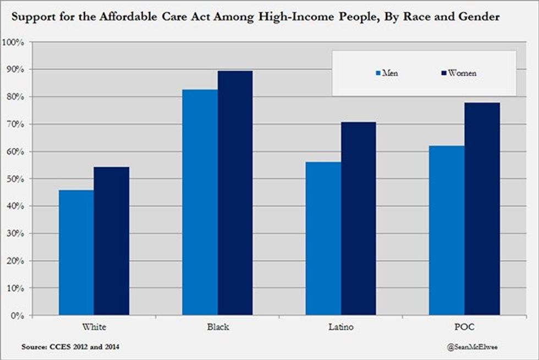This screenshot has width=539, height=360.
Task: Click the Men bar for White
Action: coord(76,253)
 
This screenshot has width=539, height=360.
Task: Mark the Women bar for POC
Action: coord(482,209)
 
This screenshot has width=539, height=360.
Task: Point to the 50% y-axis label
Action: coord(14,179)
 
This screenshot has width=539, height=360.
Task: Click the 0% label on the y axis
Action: coord(16,315)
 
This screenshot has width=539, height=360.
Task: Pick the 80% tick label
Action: coord(14,97)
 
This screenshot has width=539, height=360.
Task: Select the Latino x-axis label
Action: coord(340,327)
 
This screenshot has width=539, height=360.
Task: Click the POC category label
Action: coord(464,327)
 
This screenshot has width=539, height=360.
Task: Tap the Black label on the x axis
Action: coord(217,327)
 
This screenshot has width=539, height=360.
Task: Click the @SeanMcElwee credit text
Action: coord(471,347)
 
